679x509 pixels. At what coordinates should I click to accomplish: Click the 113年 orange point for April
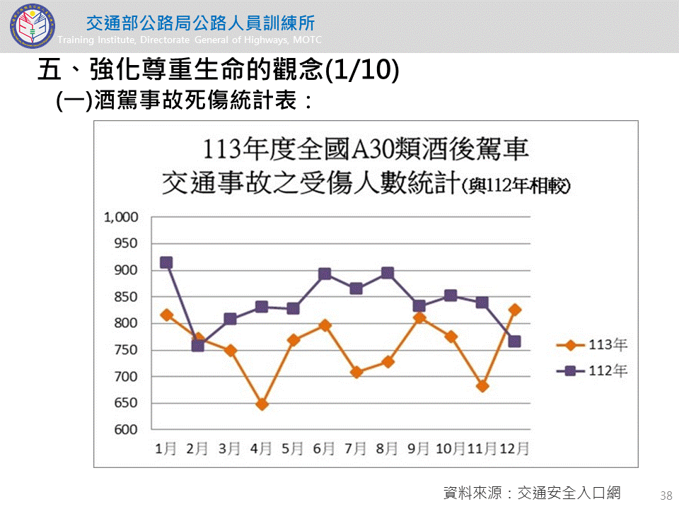[262, 404]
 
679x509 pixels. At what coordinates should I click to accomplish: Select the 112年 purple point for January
[166, 262]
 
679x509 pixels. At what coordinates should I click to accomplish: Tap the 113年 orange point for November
[482, 386]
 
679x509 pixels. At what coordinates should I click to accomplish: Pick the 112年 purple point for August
[388, 273]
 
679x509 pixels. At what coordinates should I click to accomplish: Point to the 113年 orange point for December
[515, 310]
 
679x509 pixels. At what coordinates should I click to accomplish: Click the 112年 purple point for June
[325, 274]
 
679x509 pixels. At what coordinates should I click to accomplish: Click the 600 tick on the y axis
[127, 430]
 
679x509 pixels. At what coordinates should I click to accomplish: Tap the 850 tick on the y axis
[127, 297]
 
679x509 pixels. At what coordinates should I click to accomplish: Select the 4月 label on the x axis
[262, 448]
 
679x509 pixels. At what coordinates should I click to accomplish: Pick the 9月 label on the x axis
[419, 448]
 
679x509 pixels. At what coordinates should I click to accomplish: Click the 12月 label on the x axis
[515, 448]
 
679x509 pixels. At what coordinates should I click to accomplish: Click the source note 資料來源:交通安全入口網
[531, 493]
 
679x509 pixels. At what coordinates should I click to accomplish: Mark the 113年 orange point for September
[419, 317]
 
